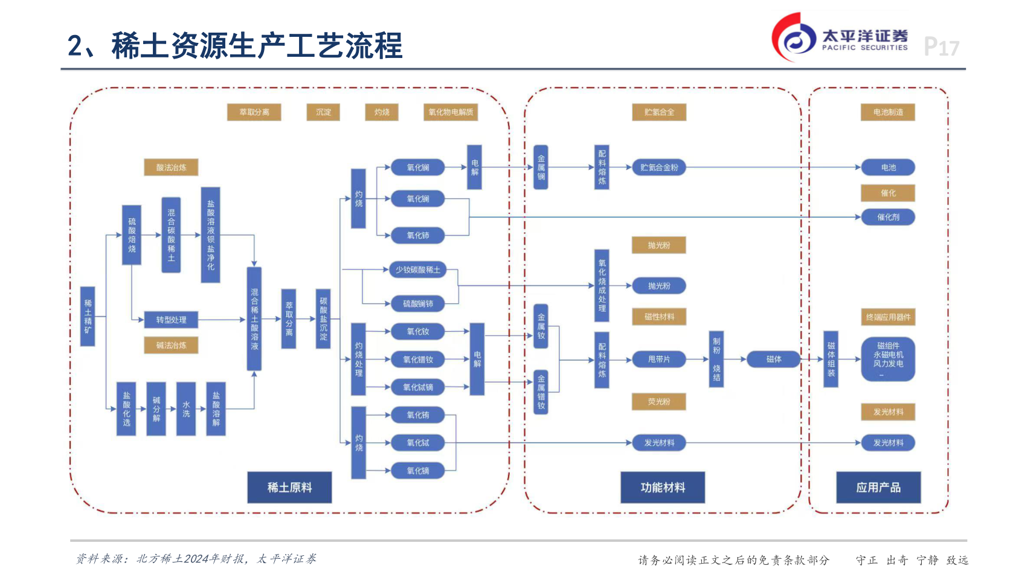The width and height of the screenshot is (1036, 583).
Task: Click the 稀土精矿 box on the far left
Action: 88,316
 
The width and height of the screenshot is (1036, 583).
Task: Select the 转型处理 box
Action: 171,320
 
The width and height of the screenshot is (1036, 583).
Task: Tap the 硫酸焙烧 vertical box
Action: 132,235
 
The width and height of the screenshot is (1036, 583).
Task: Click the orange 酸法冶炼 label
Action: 171,167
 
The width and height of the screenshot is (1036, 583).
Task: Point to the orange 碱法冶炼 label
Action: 171,345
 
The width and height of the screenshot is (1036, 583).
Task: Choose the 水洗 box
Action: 186,409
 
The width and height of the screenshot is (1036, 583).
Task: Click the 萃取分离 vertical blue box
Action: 289,319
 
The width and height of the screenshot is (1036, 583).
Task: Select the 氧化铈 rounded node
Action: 417,236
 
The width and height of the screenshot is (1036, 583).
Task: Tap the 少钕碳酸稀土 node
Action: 417,269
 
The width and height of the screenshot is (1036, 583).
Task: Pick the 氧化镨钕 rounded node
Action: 417,359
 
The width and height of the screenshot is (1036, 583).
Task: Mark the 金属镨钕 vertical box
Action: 541,392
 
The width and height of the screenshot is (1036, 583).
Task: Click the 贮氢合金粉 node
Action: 658,167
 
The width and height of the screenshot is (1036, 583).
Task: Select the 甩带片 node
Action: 658,359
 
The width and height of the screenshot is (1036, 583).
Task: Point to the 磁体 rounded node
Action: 774,359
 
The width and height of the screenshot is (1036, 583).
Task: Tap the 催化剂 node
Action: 888,217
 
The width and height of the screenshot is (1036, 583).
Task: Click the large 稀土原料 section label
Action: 289,488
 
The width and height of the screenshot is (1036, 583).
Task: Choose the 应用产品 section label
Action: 878,488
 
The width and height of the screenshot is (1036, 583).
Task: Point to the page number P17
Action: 941,47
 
